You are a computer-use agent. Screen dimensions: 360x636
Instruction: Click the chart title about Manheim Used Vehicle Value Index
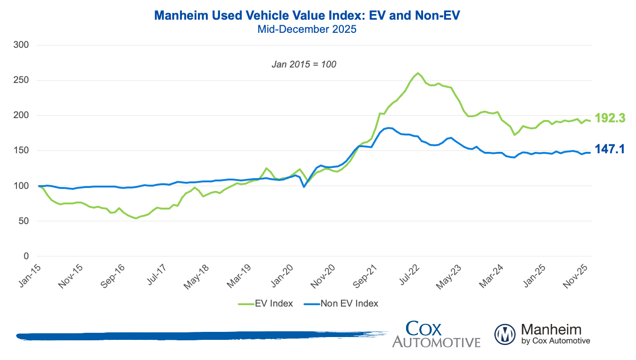(307, 16)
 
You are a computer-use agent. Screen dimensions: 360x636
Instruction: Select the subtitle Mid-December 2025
(307, 29)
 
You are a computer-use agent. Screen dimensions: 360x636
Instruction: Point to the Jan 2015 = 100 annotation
(304, 64)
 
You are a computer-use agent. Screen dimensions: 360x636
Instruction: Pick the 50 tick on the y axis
(24, 221)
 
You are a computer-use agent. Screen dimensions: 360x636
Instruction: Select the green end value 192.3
(610, 118)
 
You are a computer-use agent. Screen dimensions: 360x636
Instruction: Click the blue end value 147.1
(610, 149)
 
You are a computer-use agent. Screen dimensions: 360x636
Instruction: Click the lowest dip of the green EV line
(136, 218)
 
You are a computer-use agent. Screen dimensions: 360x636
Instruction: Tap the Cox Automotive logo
(436, 334)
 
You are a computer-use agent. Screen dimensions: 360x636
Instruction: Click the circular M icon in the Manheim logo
(505, 334)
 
